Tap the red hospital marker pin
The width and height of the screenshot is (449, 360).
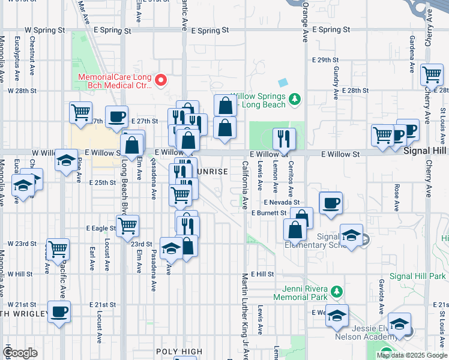(160, 79)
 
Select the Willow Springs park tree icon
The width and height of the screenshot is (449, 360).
(294, 98)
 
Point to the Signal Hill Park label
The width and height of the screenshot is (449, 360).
(418, 276)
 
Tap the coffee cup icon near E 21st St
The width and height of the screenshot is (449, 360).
(59, 312)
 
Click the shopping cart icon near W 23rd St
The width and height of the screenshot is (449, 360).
(58, 248)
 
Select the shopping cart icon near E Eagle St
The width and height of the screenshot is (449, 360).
(127, 226)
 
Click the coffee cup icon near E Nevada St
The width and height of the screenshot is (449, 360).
(330, 203)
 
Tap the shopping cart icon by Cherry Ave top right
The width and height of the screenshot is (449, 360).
(432, 75)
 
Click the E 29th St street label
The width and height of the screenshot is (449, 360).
(325, 61)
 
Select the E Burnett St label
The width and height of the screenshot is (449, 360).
(269, 213)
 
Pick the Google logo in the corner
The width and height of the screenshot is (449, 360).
(20, 353)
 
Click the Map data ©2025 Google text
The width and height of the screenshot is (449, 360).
(412, 355)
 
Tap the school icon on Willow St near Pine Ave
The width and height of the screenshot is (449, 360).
(66, 160)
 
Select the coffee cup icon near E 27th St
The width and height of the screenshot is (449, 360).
(116, 116)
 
